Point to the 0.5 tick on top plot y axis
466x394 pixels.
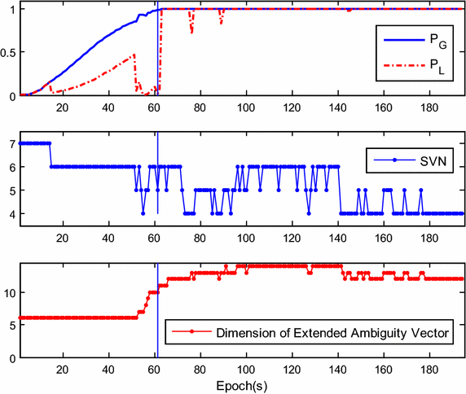[8, 53]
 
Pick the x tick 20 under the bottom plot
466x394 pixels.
[62, 368]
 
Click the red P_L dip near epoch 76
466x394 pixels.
[191, 31]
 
